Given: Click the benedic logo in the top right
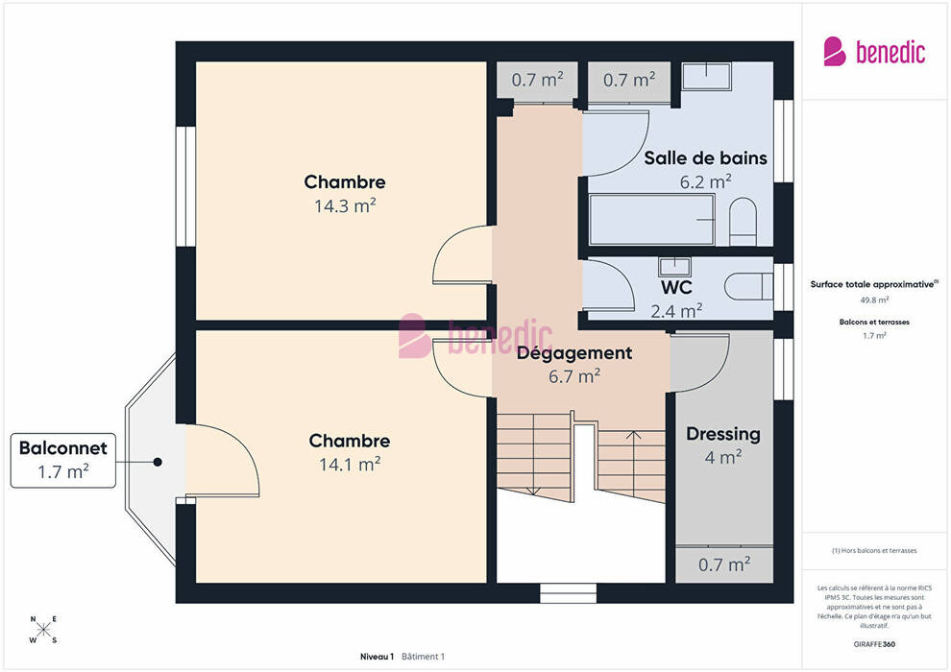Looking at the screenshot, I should [x=874, y=51].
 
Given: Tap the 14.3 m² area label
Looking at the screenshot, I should [x=345, y=205].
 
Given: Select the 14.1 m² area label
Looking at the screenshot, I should [x=350, y=464].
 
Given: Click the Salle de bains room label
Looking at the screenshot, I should [x=705, y=157].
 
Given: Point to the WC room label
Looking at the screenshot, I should [x=676, y=287].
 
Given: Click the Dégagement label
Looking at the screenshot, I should [x=574, y=353].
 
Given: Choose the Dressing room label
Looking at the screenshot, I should [x=722, y=434].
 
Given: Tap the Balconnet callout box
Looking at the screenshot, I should [x=63, y=459].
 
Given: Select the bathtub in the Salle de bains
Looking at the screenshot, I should [x=651, y=220].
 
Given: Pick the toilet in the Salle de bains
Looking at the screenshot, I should [x=743, y=222].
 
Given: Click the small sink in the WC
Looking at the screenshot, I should [x=671, y=265].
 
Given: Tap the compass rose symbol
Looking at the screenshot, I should [x=43, y=630].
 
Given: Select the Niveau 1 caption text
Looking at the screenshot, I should [x=378, y=657].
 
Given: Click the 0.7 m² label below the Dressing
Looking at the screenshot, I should [x=723, y=564].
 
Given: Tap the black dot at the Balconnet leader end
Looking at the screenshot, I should [x=157, y=462].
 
